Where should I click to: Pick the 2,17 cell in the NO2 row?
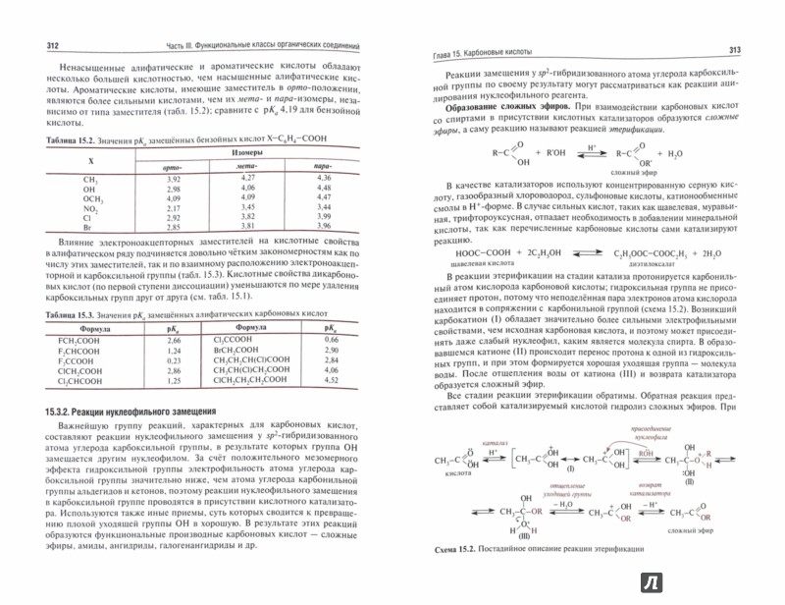[174, 208]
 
